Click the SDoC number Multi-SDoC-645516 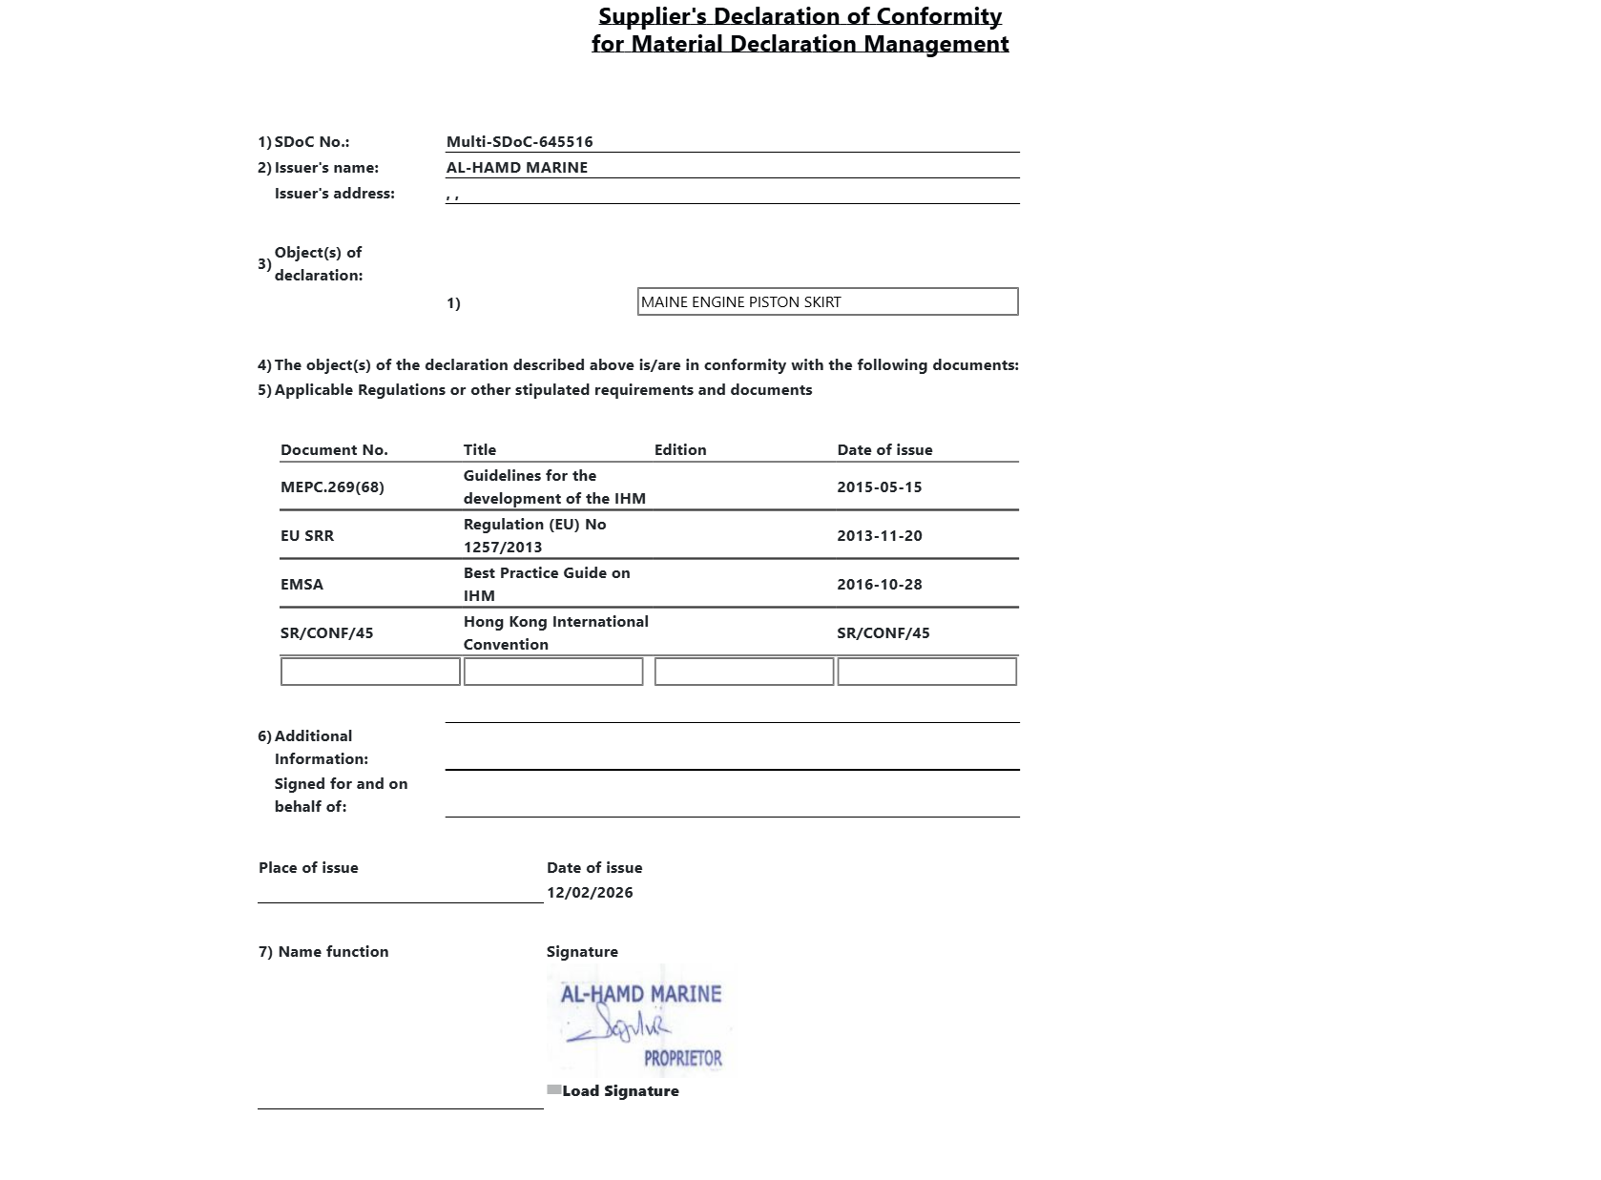tap(519, 142)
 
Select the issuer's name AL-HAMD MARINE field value tap(516, 168)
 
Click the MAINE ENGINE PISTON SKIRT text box tap(827, 302)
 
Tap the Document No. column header tap(334, 450)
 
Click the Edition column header tap(679, 450)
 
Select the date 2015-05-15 tap(879, 487)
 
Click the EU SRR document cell tap(307, 536)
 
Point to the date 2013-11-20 tap(879, 536)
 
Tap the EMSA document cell tap(301, 585)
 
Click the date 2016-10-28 tap(879, 585)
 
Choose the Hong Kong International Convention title tap(555, 633)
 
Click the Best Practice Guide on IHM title tap(547, 585)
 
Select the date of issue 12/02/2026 tap(590, 893)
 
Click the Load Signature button tap(619, 1091)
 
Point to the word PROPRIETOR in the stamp tap(682, 1059)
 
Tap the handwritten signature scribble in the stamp tap(621, 1027)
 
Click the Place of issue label tap(308, 868)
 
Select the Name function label tap(333, 952)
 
